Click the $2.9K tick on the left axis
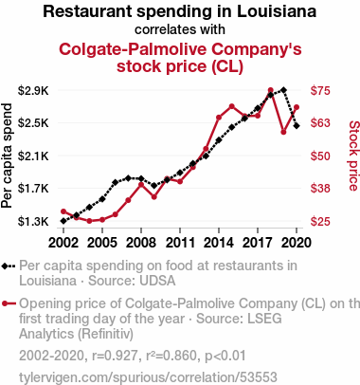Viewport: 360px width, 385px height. (33, 91)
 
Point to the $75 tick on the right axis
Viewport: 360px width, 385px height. (320, 91)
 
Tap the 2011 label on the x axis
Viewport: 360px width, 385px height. (180, 243)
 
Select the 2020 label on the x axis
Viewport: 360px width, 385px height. (297, 243)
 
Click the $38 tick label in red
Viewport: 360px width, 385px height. (320, 189)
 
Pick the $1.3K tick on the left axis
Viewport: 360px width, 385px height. (33, 221)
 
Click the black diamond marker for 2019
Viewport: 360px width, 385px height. (283, 90)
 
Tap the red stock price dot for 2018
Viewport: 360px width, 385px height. (270, 90)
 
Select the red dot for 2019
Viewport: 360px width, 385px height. (283, 132)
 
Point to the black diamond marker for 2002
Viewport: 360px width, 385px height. (63, 221)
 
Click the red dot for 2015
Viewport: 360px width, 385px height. (232, 106)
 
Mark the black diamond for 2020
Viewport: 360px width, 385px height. (297, 126)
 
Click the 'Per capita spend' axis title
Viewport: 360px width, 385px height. (7, 156)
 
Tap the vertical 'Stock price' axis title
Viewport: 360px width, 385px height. (353, 156)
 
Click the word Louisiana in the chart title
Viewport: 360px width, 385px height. (277, 11)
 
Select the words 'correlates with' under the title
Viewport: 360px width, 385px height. (180, 29)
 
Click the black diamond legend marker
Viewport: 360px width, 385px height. (5, 266)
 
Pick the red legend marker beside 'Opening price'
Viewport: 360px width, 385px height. (5, 303)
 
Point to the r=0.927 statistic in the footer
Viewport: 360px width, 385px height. (115, 356)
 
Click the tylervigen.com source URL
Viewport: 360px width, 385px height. (148, 377)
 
